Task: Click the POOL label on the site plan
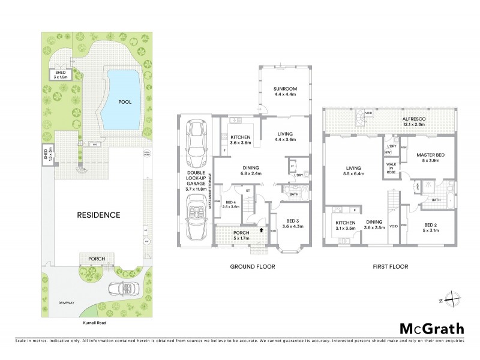point(125,102)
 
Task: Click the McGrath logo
point(431,328)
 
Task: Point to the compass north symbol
point(454,301)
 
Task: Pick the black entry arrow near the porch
point(262,228)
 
